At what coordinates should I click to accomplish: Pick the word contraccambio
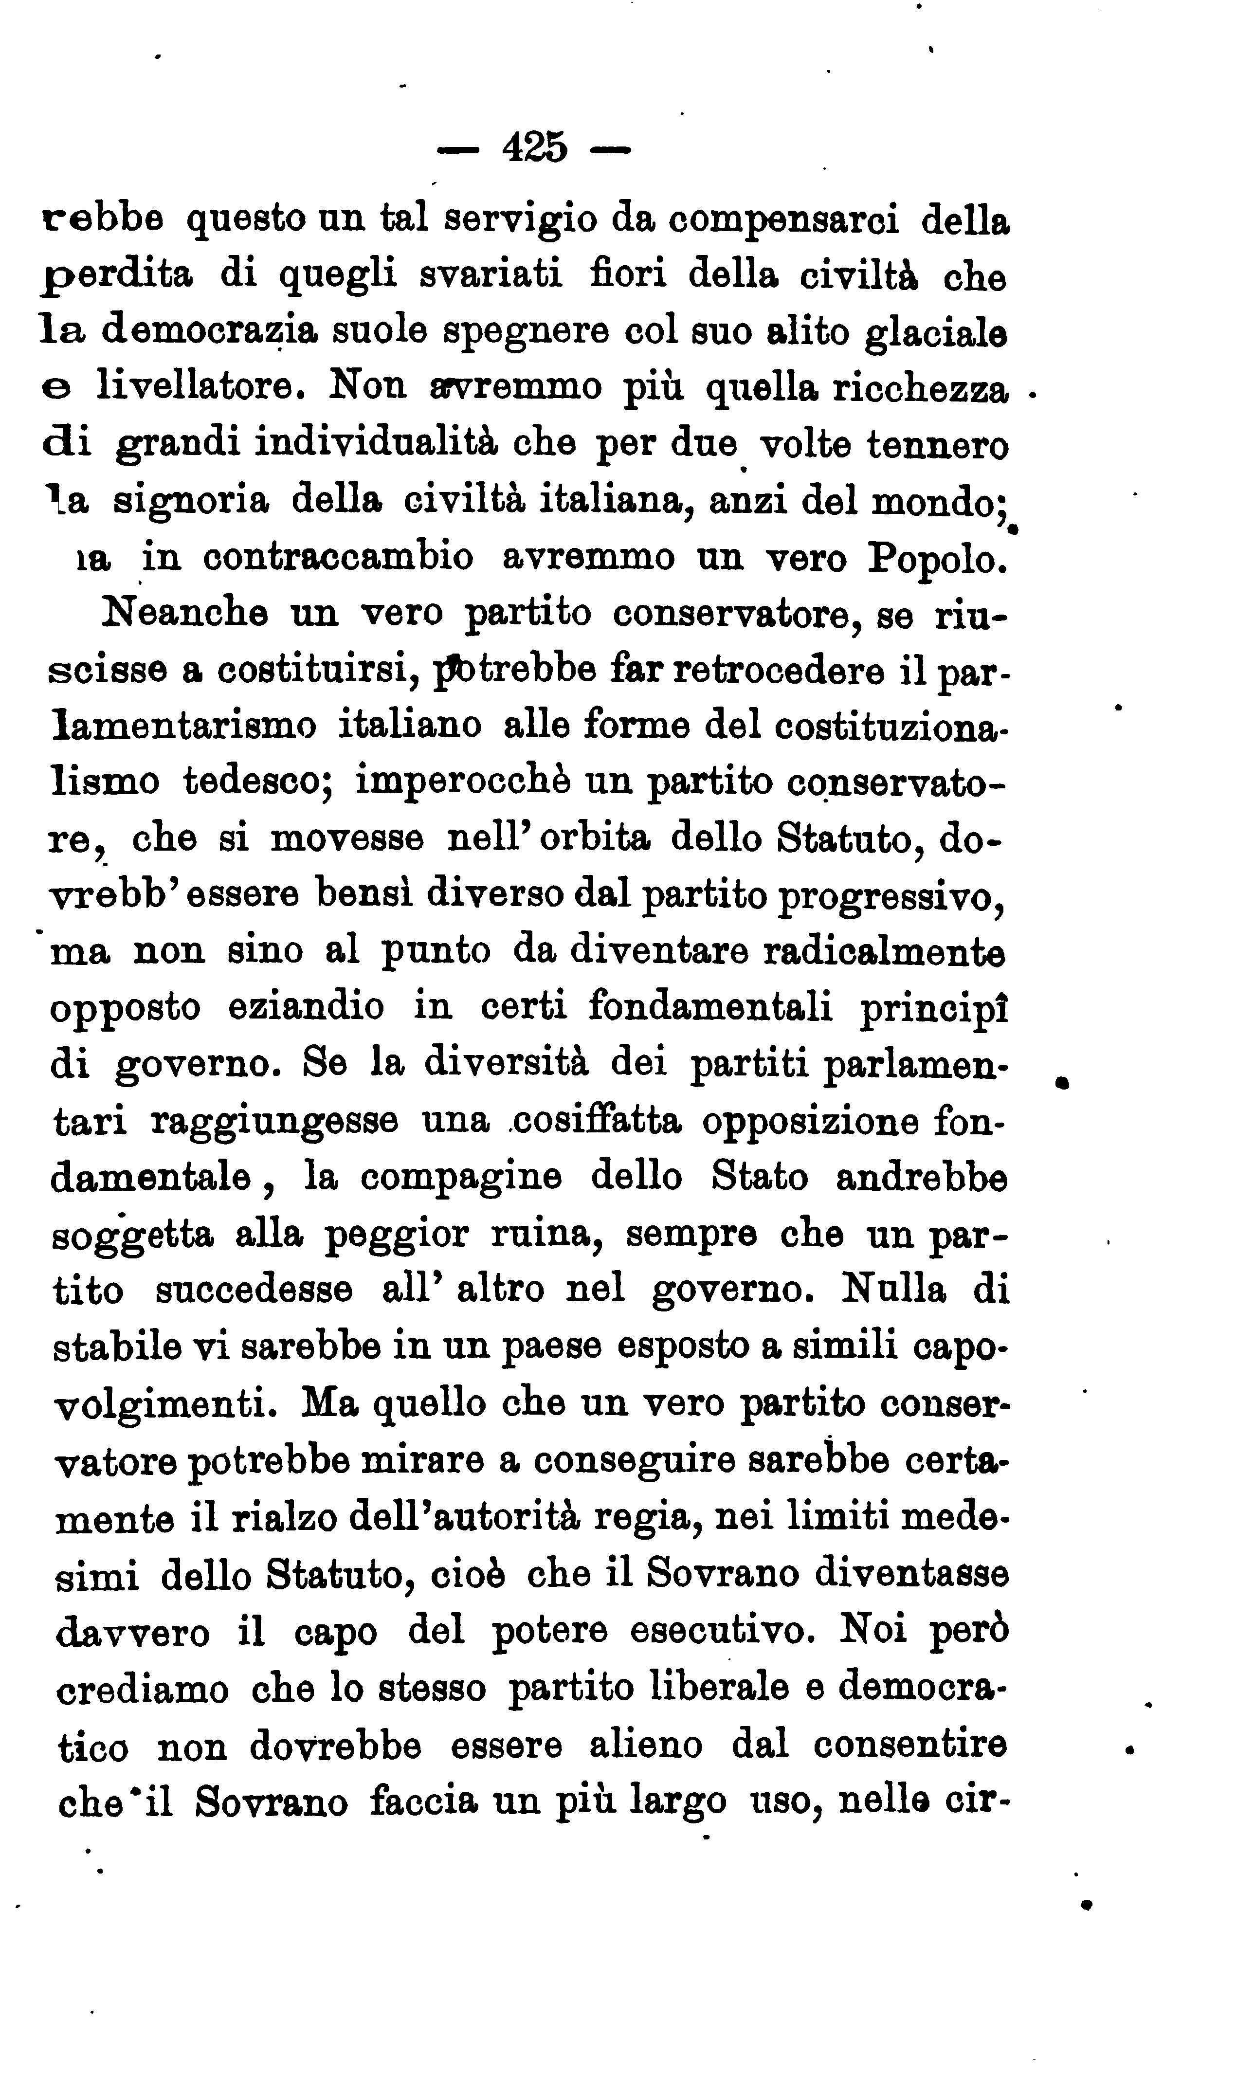tap(338, 556)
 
